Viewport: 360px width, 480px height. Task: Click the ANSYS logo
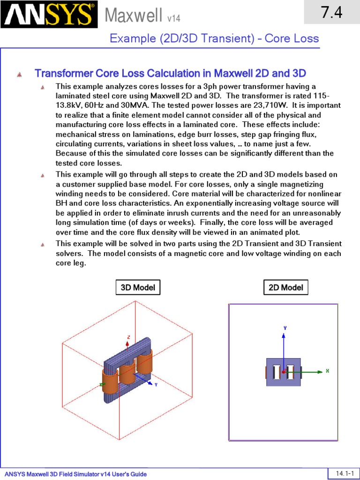pyautogui.click(x=49, y=15)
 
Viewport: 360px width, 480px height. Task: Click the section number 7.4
pyautogui.click(x=331, y=13)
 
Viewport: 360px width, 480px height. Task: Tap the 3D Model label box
pyautogui.click(x=138, y=287)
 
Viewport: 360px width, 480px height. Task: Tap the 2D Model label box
pyautogui.click(x=285, y=287)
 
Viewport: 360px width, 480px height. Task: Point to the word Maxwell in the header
pyautogui.click(x=134, y=16)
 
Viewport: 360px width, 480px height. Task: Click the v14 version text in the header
pyautogui.click(x=173, y=19)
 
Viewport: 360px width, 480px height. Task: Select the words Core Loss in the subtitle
pyautogui.click(x=292, y=38)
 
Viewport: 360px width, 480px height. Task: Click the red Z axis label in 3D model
pyautogui.click(x=128, y=337)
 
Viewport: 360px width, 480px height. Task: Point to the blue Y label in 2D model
pyautogui.click(x=285, y=328)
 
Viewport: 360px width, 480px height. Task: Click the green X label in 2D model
pyautogui.click(x=327, y=371)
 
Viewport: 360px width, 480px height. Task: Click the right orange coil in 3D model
pyautogui.click(x=145, y=360)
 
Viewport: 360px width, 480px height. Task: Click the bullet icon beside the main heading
pyautogui.click(x=19, y=74)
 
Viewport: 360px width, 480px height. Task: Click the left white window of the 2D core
pyautogui.click(x=277, y=372)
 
